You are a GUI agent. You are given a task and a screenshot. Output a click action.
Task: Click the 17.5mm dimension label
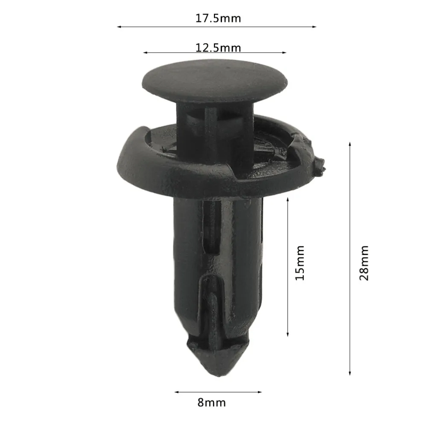(x=218, y=18)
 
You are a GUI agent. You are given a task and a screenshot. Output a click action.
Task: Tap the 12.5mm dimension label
(x=218, y=47)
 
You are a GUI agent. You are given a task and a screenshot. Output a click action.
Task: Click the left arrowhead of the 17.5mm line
(x=118, y=27)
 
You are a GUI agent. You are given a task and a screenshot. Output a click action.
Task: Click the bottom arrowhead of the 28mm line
(x=350, y=374)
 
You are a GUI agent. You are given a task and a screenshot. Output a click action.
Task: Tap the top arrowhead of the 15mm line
(x=288, y=199)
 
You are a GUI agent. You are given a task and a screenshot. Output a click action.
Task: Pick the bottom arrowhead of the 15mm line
(x=288, y=334)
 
